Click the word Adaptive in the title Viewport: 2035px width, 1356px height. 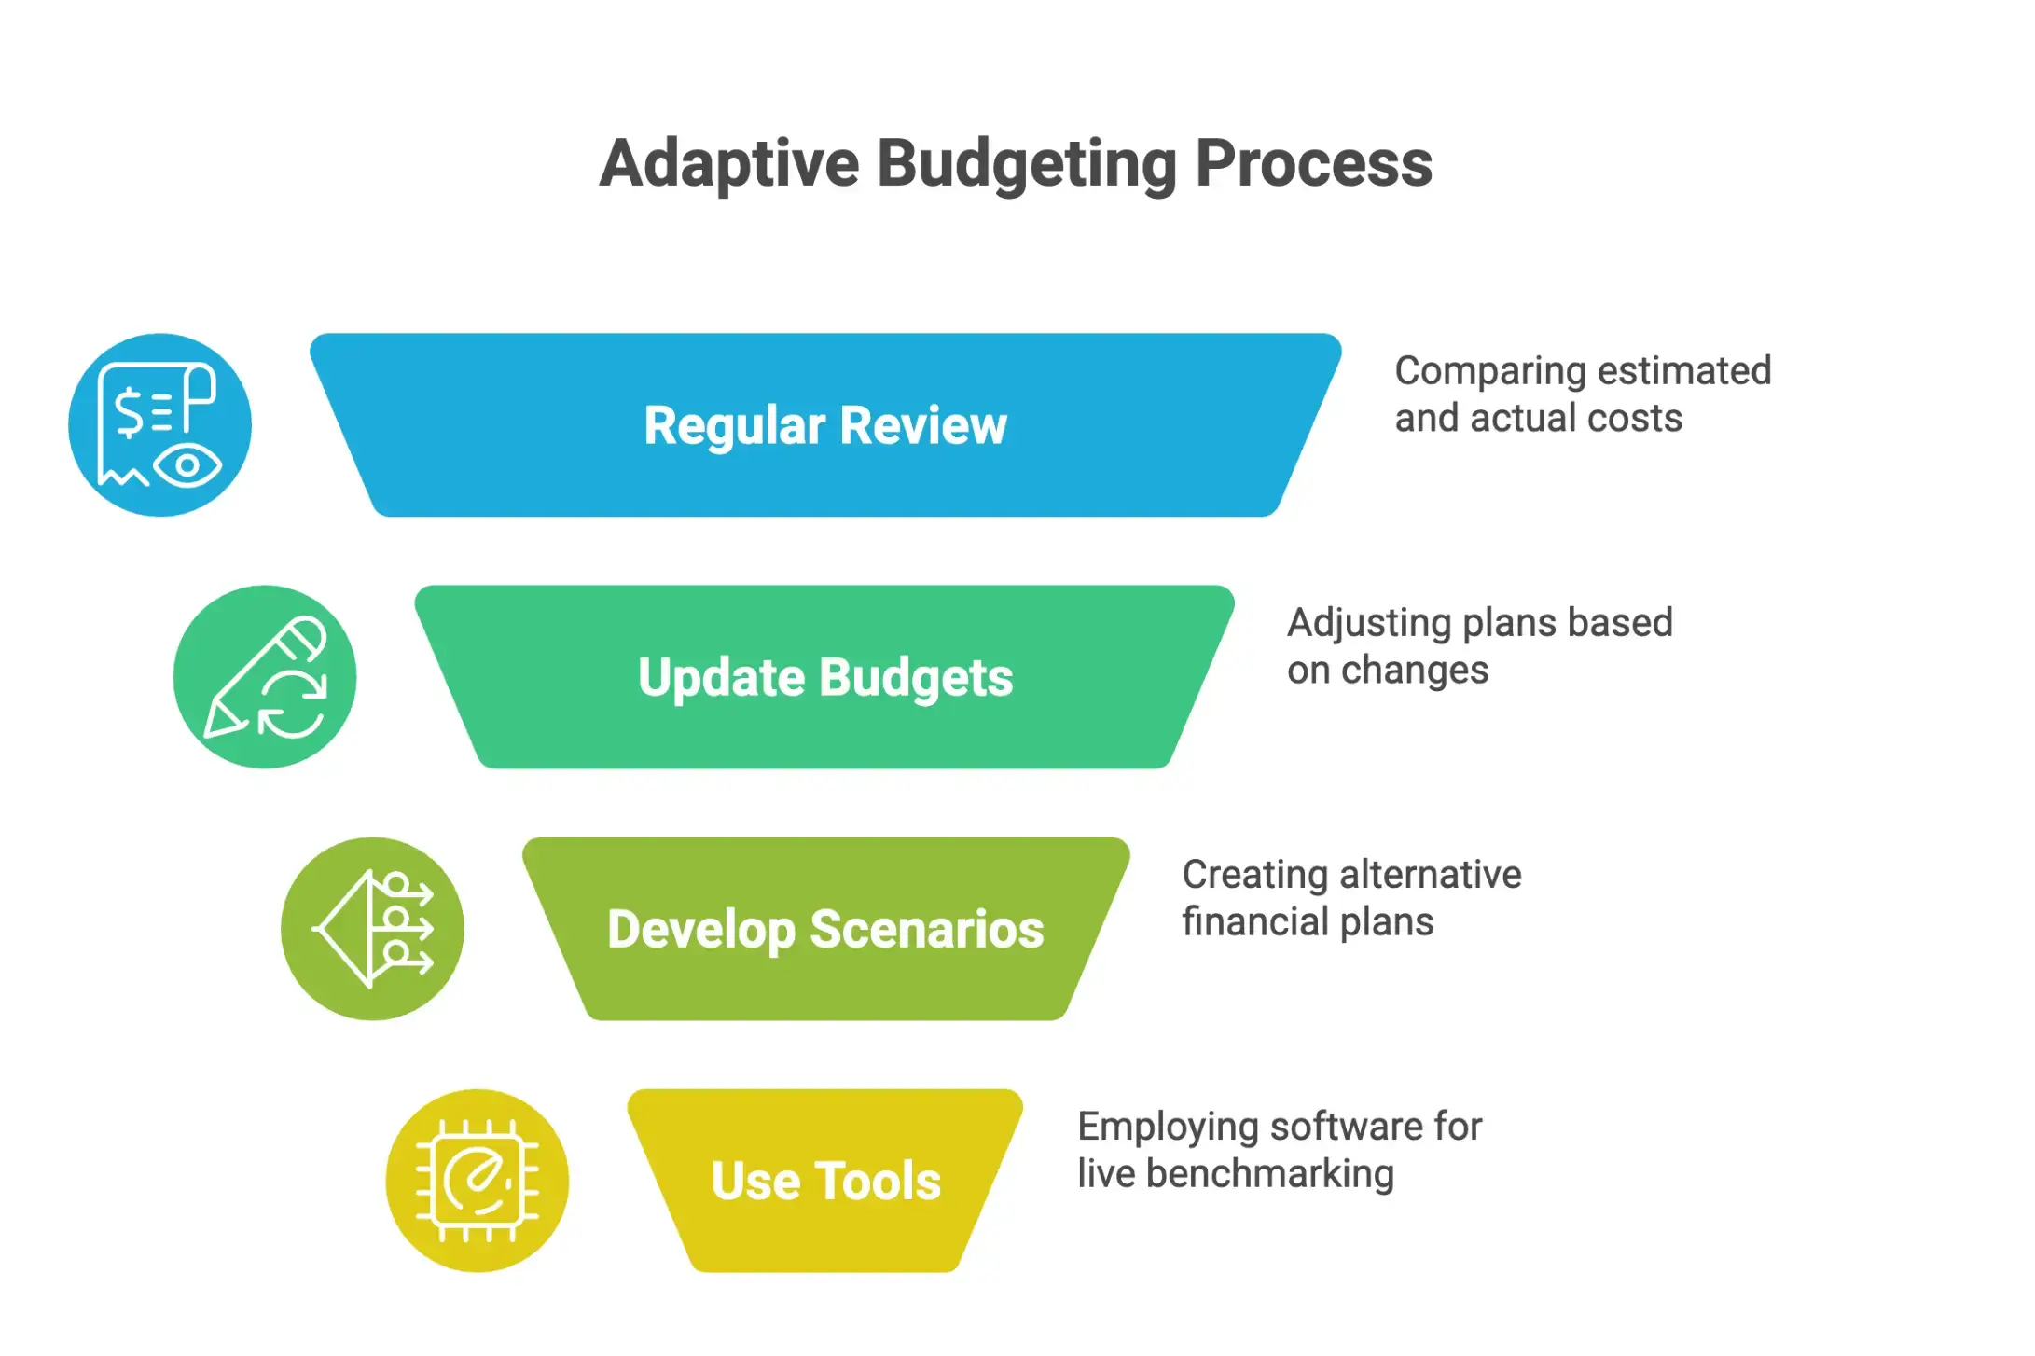tap(728, 164)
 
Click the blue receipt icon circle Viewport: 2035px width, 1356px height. tap(159, 425)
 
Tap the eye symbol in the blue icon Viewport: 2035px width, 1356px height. tap(187, 465)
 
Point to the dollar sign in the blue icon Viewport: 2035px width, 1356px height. tap(130, 411)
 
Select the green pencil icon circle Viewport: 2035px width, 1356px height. tap(265, 677)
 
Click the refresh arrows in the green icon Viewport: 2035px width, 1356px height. tap(292, 705)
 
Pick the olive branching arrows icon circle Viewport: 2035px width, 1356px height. tap(372, 929)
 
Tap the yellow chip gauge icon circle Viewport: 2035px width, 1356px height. tap(478, 1181)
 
